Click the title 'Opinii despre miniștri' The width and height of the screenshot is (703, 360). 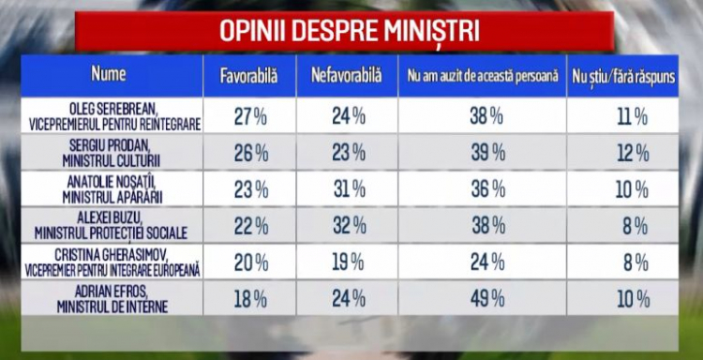coord(350,31)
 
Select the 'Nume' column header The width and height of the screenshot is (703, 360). coord(109,73)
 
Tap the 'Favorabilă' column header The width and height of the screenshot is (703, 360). coord(248,76)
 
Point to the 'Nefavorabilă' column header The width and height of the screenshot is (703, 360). coord(347,76)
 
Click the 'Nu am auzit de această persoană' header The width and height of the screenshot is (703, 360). coord(483,76)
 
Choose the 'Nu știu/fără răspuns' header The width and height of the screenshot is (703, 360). coord(623,77)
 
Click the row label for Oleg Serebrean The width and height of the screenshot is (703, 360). coord(114,116)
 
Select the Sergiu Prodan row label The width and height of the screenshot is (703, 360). coord(112,154)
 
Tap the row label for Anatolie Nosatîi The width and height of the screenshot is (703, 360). coord(112,189)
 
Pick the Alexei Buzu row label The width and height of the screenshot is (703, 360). coord(111,226)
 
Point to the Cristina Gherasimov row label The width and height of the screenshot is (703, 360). coord(112,262)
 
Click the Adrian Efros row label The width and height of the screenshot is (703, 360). coord(112,299)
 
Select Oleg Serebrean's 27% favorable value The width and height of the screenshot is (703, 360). coord(250,117)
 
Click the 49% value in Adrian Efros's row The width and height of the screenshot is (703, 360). coord(487,299)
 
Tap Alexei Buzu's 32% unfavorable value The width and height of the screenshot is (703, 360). coord(350,226)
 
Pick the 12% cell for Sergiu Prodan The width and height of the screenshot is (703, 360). coord(633,155)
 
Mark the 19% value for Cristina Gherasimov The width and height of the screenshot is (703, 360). coord(349,263)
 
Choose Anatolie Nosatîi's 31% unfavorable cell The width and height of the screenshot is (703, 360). coord(350,190)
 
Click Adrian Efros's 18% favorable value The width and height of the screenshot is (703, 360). coord(251,299)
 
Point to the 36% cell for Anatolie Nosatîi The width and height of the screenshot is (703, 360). coord(488,190)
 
